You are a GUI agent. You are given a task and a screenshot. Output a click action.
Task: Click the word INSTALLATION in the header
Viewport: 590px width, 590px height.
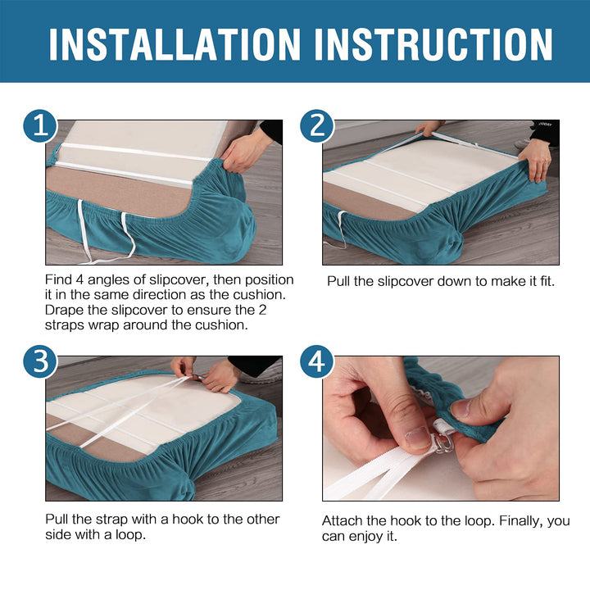[x=175, y=44]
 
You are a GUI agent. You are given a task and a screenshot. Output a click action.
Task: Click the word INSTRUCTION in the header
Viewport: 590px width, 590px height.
[x=433, y=44]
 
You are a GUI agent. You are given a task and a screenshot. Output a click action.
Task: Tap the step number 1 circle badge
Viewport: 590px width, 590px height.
[x=40, y=126]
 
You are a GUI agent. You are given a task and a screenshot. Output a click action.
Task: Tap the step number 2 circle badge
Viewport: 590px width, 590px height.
[x=317, y=126]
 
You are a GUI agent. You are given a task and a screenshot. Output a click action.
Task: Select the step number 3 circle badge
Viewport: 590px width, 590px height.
[x=40, y=362]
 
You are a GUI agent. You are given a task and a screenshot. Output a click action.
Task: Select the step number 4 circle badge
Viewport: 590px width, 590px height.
[x=317, y=362]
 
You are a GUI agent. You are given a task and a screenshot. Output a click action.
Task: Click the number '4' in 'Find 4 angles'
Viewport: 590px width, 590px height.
[x=79, y=279]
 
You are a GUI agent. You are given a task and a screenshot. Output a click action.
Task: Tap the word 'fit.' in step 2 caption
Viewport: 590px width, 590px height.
[x=548, y=281]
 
